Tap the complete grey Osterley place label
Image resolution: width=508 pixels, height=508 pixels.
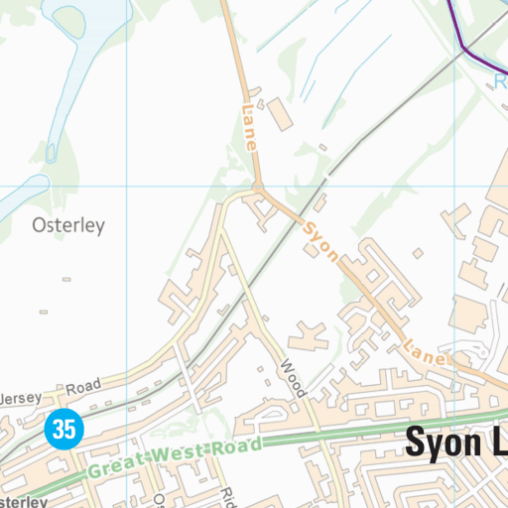pos(67,225)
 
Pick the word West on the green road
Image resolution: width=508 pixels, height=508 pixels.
pos(183,452)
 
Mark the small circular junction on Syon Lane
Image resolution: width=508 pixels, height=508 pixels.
pos(257,187)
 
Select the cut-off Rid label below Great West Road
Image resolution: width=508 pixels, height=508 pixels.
pos(228,497)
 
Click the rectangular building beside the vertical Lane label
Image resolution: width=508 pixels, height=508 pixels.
pos(282,115)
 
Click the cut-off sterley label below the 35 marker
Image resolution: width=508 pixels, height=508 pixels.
pos(22,501)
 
